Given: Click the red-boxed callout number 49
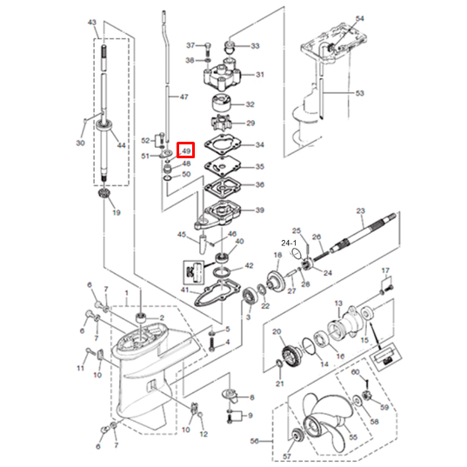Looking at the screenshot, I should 186,151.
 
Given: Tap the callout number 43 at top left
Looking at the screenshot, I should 93,32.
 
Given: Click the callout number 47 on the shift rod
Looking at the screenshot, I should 183,98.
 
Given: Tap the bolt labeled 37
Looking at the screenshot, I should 208,45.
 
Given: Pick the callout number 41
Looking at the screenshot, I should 185,289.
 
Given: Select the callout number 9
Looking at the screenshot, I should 250,416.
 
